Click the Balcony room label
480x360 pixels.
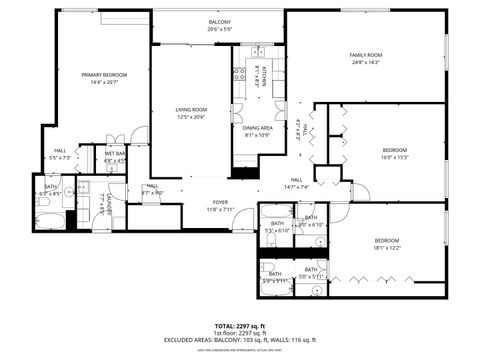219,22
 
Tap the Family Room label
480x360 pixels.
365,55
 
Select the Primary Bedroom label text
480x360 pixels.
104,75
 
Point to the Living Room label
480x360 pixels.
190,110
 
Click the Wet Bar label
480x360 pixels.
114,153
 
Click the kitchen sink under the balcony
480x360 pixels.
256,48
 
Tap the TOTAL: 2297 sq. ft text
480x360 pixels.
240,326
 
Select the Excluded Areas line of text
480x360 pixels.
240,341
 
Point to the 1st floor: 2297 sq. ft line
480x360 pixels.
240,333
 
